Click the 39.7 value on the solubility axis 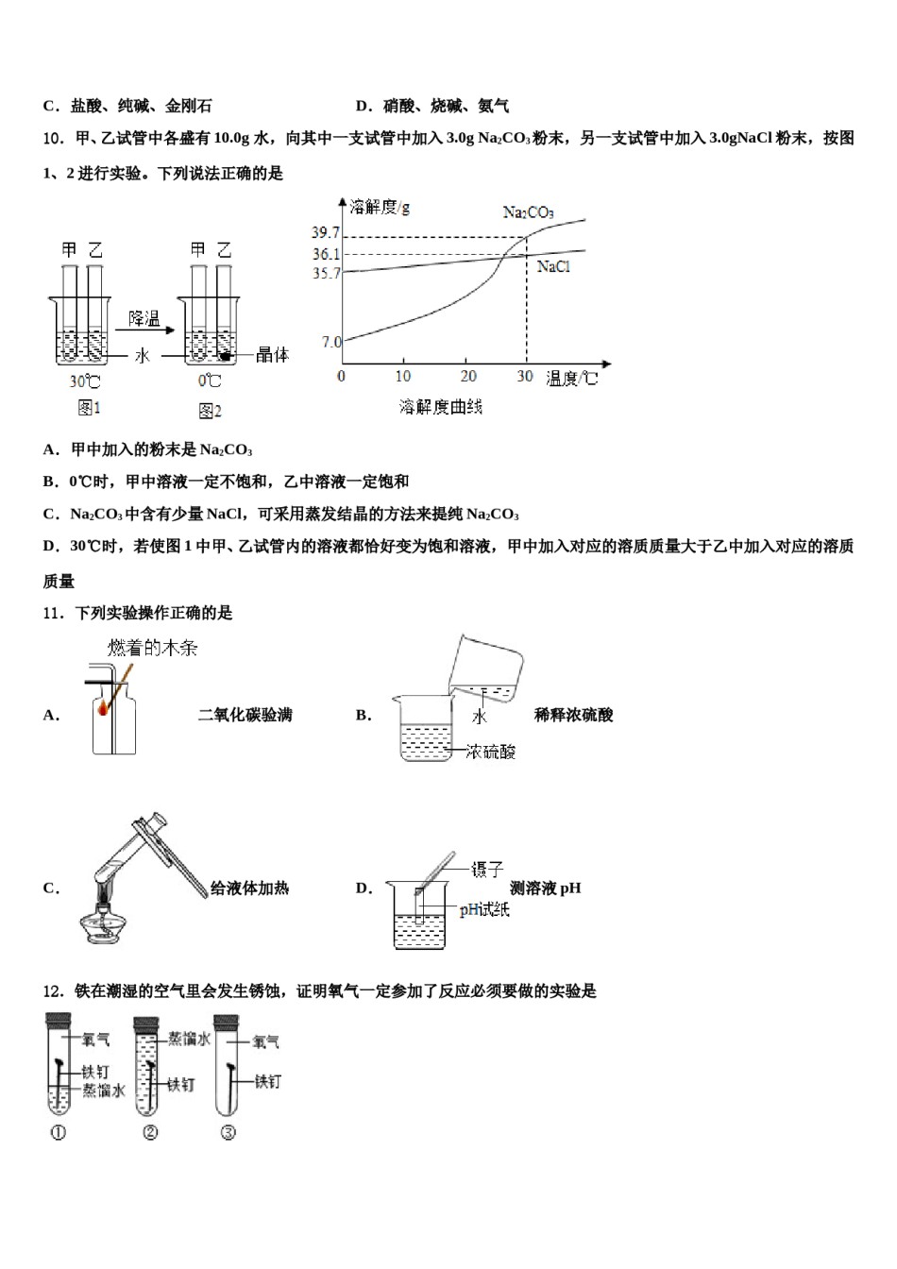coord(326,233)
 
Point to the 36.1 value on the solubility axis coord(326,254)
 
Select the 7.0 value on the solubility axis coord(330,342)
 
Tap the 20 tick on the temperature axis coord(468,376)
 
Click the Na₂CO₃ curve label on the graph coord(528,212)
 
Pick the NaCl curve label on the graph coord(553,267)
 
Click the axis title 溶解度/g coord(380,207)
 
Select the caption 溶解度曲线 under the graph coord(440,407)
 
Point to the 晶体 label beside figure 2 coord(272,355)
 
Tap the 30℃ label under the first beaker coord(85,381)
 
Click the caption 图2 coord(210,411)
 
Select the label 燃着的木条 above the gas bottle coord(152,648)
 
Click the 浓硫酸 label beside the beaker coord(491,752)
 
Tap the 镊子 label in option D coord(487,869)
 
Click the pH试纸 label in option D coord(484,910)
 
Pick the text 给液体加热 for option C coord(249,888)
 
